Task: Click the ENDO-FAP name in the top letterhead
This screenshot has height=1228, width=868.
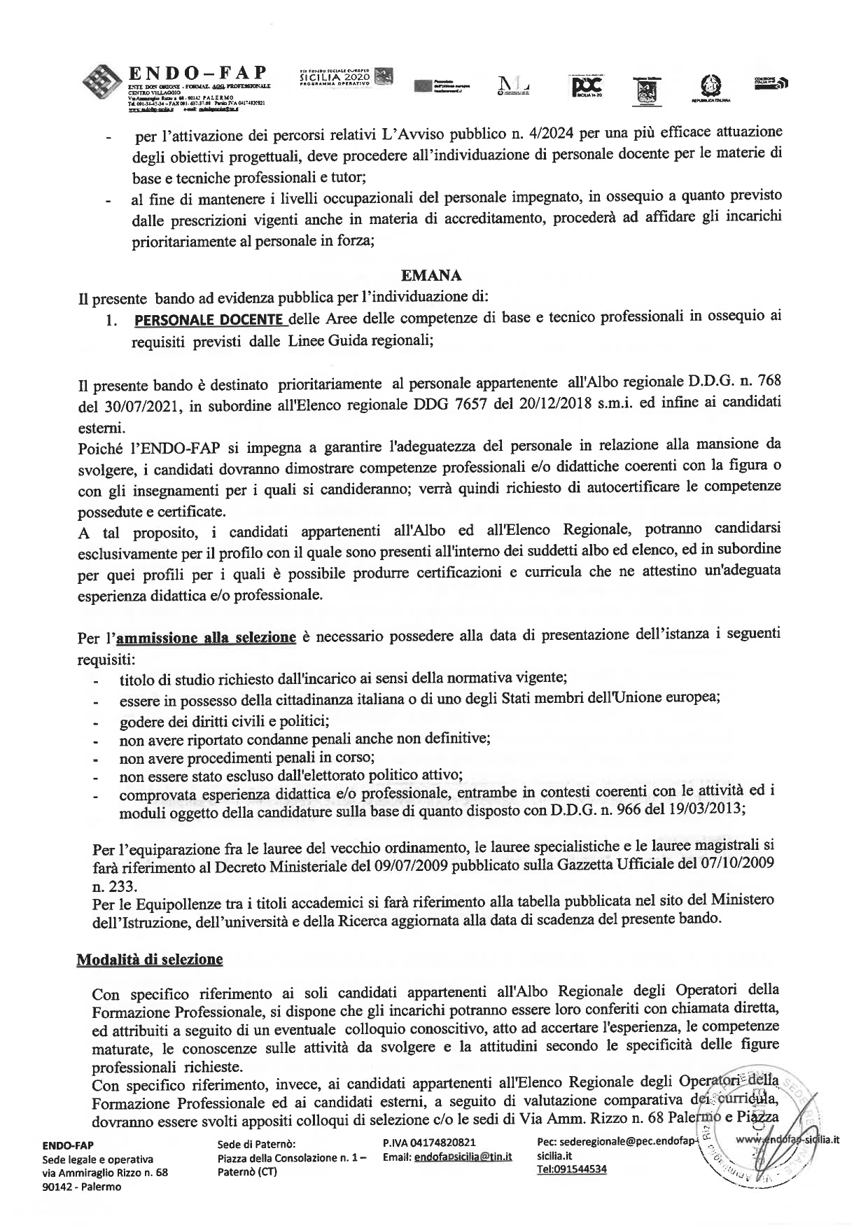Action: point(198,74)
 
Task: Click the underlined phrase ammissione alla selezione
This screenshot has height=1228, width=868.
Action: point(206,637)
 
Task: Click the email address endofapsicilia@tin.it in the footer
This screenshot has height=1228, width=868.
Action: point(463,1158)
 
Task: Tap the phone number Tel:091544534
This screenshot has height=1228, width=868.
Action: point(571,1169)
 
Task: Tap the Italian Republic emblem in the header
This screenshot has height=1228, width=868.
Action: point(710,88)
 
